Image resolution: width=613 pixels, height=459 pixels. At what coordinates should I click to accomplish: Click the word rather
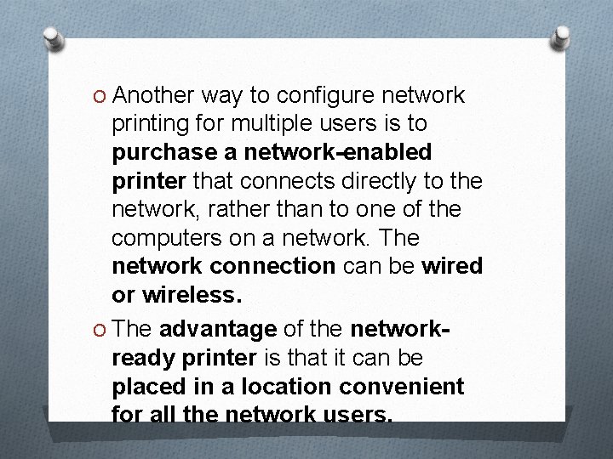tap(241, 209)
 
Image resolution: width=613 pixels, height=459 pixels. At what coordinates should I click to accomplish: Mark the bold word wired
tap(452, 266)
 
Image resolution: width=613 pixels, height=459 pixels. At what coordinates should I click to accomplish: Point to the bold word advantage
tap(217, 329)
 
